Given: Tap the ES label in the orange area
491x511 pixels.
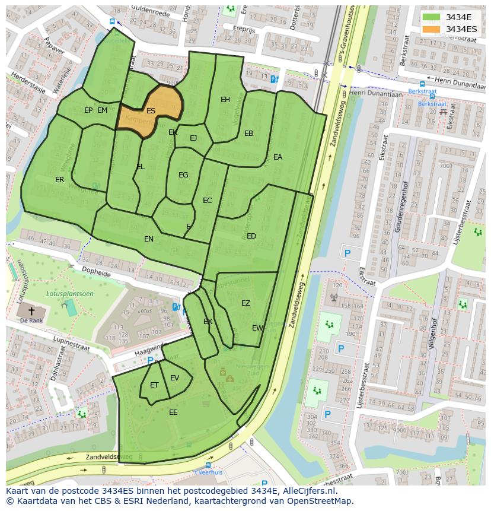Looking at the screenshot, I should click(x=151, y=111).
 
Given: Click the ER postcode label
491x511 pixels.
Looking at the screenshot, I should click(x=59, y=180).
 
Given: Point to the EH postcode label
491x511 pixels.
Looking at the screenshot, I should click(x=225, y=100).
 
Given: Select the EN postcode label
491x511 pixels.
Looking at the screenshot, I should click(x=149, y=239).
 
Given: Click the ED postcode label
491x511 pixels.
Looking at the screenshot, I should click(x=251, y=236).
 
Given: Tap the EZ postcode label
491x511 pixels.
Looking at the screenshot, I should click(x=245, y=303).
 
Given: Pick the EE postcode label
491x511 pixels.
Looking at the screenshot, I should click(x=173, y=412).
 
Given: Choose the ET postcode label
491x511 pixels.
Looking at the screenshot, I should click(x=154, y=385).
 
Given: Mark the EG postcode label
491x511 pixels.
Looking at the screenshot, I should click(x=183, y=175).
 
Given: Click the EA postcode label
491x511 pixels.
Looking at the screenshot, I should click(x=278, y=157).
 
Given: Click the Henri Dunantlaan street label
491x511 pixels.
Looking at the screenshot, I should click(x=375, y=94).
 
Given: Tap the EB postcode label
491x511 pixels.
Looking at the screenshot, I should click(x=248, y=134).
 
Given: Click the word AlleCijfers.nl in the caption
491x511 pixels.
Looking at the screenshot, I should click(x=307, y=491).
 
